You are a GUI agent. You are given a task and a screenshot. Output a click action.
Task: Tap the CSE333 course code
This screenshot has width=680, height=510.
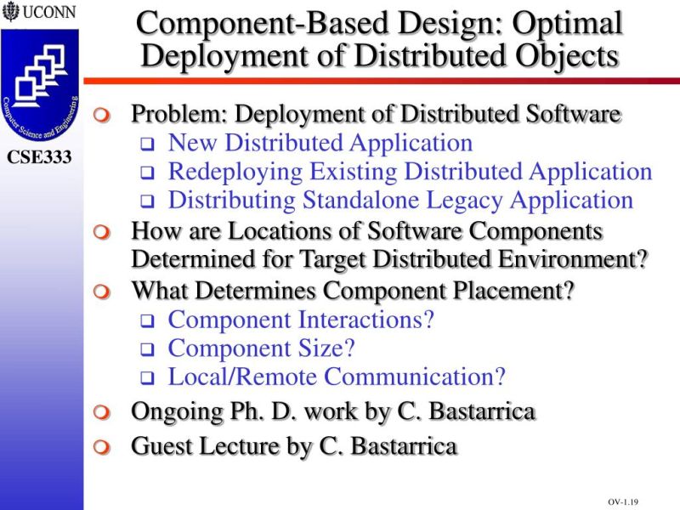tap(40, 157)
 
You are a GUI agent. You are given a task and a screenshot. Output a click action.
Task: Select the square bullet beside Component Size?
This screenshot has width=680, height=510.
tap(145, 349)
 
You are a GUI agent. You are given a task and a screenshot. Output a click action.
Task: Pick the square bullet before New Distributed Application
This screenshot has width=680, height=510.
tap(145, 144)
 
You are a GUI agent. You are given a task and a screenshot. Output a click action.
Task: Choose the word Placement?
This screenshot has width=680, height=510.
tap(505, 291)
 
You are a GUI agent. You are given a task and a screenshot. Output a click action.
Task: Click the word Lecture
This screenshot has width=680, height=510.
tap(259, 445)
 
